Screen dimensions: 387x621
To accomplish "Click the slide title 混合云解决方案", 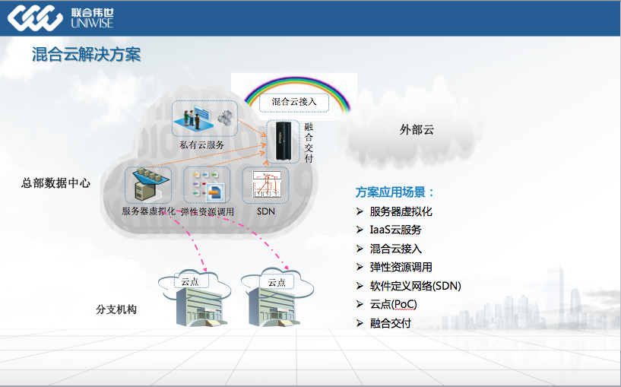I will tap(86, 55).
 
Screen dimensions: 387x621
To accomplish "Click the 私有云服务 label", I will tap(201, 144).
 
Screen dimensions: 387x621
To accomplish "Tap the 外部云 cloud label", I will tap(417, 129).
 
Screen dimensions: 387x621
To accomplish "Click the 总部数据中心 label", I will tap(56, 182).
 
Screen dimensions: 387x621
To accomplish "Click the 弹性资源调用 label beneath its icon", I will tap(207, 211).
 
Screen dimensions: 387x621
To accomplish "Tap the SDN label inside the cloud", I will tap(265, 211).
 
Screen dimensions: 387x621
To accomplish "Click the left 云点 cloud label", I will tap(190, 281).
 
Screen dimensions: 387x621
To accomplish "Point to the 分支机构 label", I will tap(116, 309).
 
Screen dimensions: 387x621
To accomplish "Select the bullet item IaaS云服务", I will tap(395, 230).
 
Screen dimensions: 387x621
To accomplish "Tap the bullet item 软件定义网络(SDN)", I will tap(415, 286).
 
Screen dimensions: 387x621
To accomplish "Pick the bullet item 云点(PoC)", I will tap(393, 304).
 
